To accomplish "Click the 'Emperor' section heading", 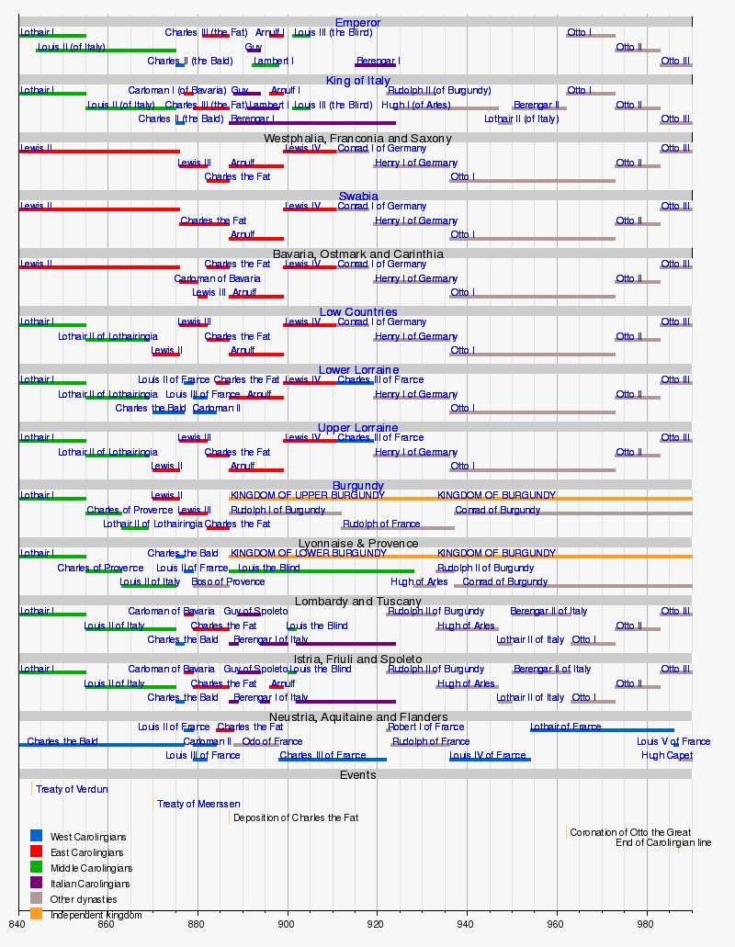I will coord(357,22).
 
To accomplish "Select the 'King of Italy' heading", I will coord(357,81).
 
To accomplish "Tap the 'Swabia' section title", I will coord(357,197).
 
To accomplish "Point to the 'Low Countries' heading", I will coord(357,312).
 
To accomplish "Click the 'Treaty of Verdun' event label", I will coord(72,789).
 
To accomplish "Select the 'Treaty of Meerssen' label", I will coord(198,804).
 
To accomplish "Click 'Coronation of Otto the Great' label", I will coord(630,832).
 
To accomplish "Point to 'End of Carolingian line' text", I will coord(662,842).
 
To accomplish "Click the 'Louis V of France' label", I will coord(673,741).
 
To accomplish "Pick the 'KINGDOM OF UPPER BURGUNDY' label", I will coord(308,495).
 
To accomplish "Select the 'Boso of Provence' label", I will coord(228,581).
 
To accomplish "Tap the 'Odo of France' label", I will coord(272,741).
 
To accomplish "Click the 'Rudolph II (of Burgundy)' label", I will coord(439,91).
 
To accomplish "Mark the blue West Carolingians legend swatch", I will coord(36,836).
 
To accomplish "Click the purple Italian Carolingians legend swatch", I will coord(36,883).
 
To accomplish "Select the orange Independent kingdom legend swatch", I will coord(36,914).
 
